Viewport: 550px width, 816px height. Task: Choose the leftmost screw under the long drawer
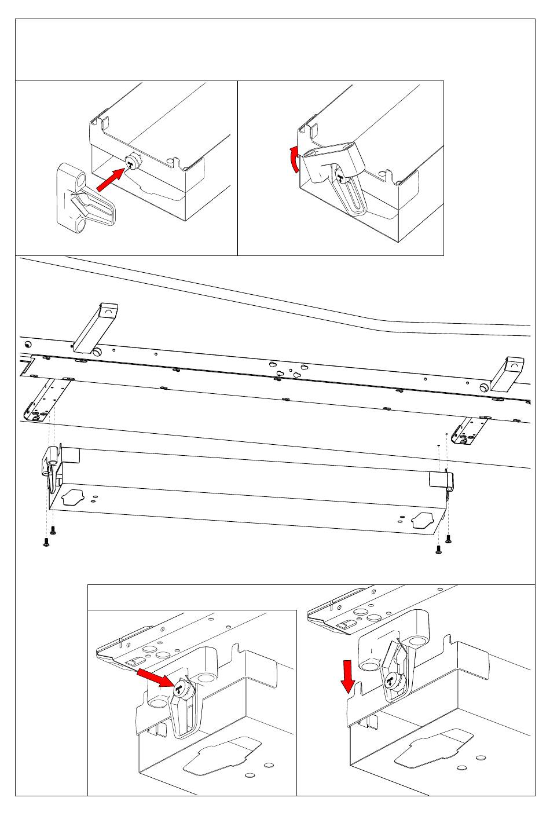pyautogui.click(x=46, y=542)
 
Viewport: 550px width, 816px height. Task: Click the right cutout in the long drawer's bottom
pyautogui.click(x=423, y=520)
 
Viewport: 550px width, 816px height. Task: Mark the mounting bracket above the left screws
pyautogui.click(x=46, y=400)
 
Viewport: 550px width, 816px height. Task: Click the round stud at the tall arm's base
pyautogui.click(x=97, y=352)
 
